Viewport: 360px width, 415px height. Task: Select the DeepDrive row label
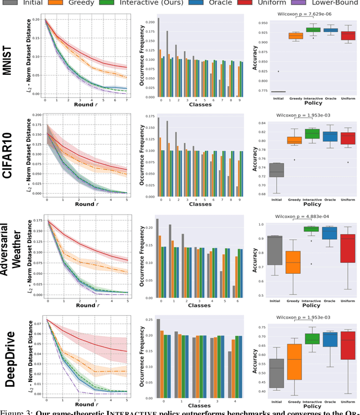click(12, 354)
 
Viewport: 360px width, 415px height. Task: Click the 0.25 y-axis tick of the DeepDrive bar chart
click(148, 319)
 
